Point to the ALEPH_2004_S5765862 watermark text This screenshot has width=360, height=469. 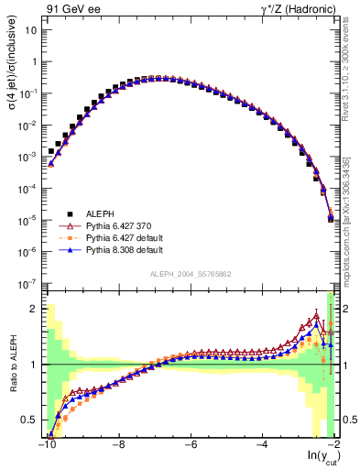click(190, 274)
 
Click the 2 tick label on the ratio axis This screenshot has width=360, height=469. click(36, 309)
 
